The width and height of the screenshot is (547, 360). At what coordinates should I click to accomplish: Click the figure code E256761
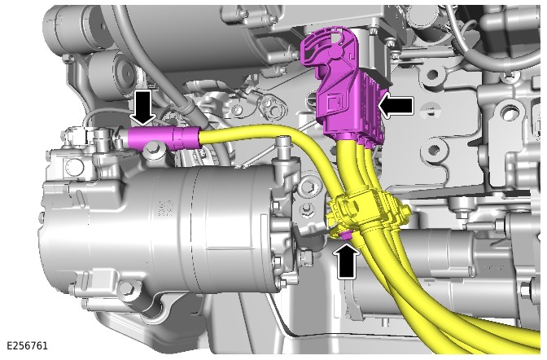[27, 345]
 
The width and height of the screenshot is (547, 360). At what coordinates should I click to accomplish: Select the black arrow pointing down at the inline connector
[142, 108]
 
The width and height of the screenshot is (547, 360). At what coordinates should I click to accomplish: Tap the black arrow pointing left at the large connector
[396, 105]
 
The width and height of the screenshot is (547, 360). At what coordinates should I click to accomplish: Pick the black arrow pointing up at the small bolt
[346, 261]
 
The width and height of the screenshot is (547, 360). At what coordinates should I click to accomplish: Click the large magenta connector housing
[344, 87]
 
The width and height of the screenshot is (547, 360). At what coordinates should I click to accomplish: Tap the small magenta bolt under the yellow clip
[346, 236]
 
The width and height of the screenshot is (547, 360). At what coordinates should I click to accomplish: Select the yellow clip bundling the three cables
[366, 212]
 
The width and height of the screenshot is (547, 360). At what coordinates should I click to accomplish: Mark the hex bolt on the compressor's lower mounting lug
[127, 287]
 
